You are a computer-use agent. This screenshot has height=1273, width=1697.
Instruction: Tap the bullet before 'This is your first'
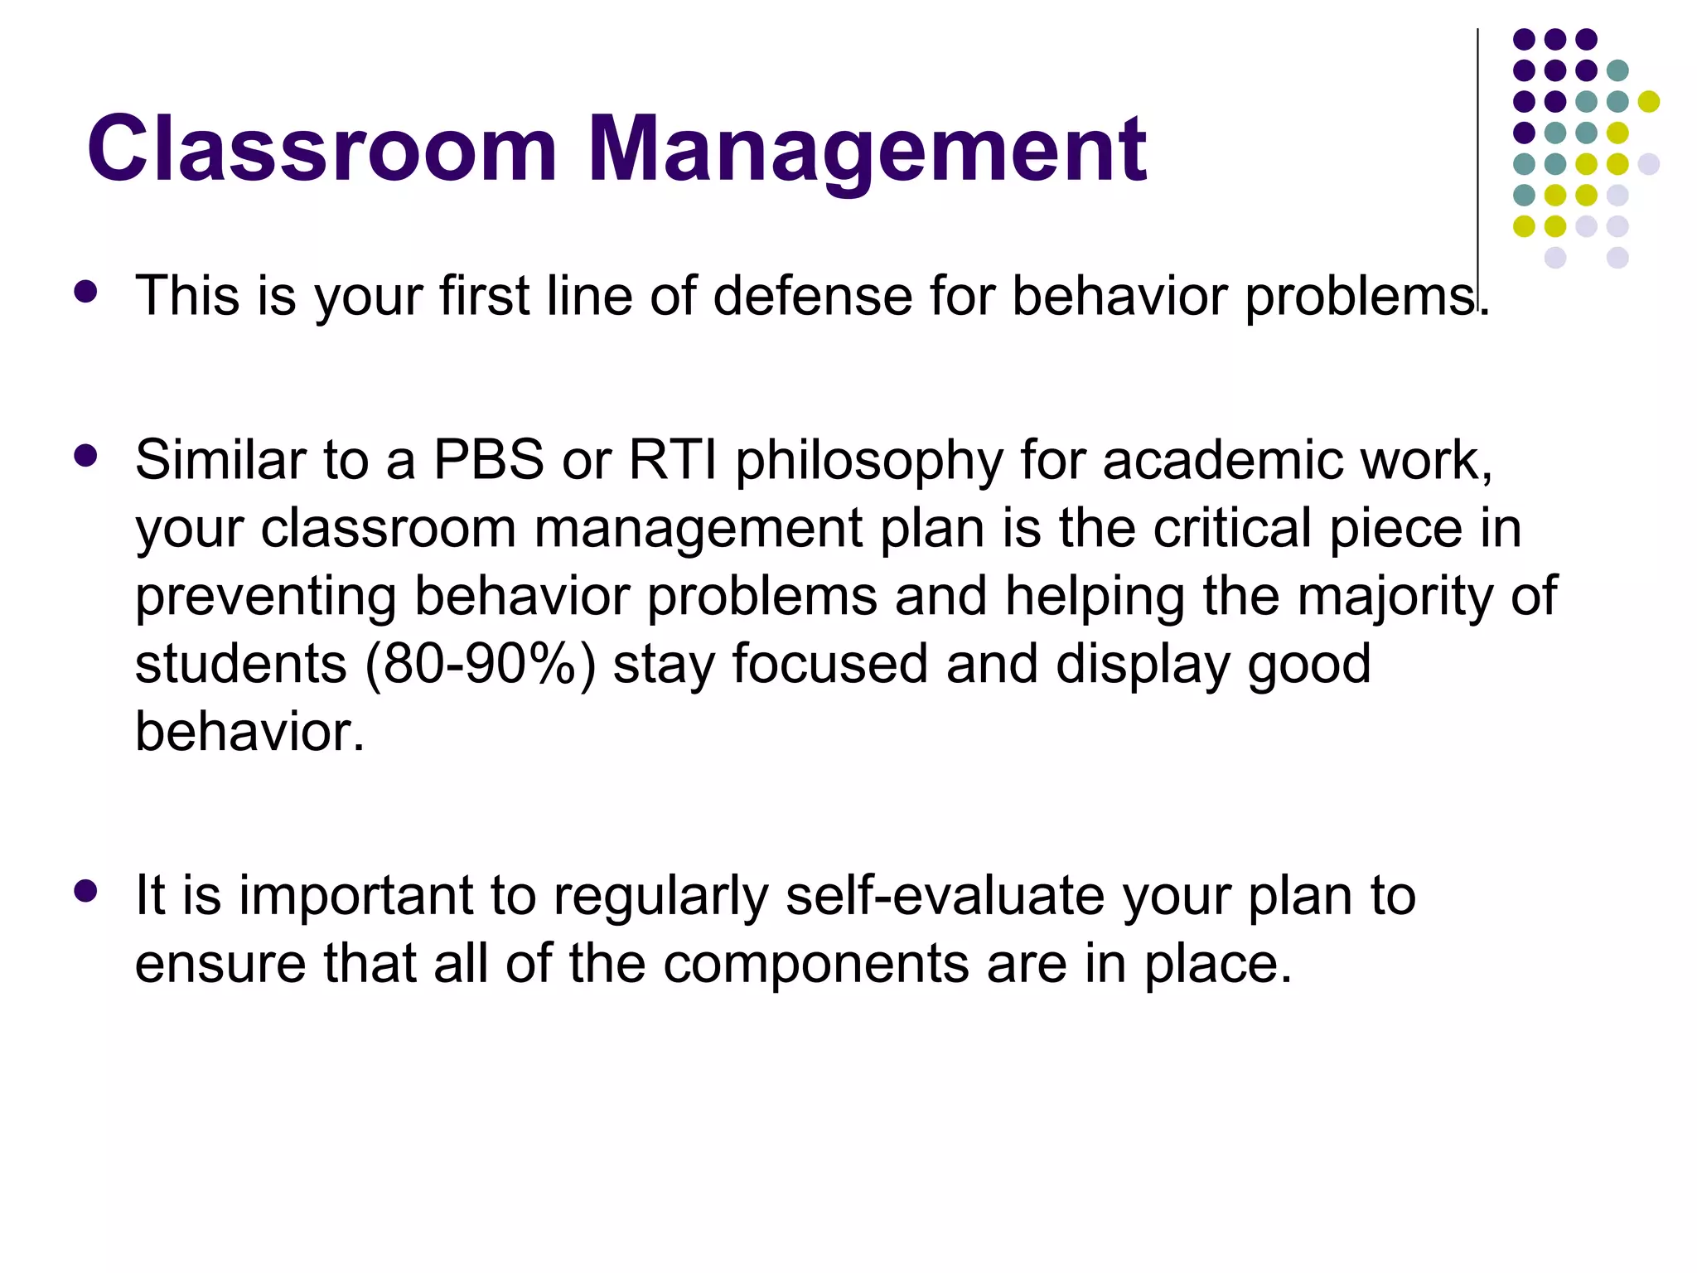pos(85,292)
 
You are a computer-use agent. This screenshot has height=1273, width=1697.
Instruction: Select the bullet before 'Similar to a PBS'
pos(85,456)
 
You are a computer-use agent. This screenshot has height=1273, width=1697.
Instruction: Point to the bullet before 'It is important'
pos(85,891)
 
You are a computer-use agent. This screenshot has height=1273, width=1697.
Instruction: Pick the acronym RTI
pos(673,460)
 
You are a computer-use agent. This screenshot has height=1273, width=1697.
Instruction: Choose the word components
pos(816,965)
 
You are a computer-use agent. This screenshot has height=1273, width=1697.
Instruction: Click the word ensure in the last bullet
pos(220,965)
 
